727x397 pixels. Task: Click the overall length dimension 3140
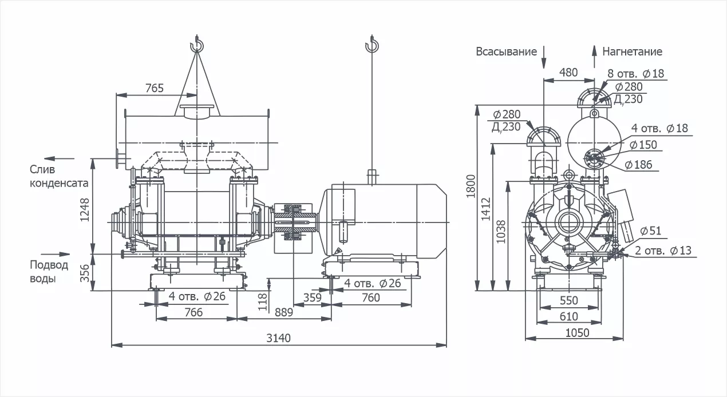pos(279,338)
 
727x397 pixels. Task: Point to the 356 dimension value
pos(85,273)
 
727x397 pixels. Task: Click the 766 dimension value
pos(194,312)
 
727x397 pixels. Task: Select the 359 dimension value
pos(311,297)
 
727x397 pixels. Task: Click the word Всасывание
pos(507,51)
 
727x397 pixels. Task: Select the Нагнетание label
pos(632,51)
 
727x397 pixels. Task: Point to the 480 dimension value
pos(568,72)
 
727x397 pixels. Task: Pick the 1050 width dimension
pos(578,332)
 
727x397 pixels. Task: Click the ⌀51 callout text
pos(651,231)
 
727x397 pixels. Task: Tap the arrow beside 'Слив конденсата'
pos(59,157)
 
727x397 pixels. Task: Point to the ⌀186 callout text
pos(638,165)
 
